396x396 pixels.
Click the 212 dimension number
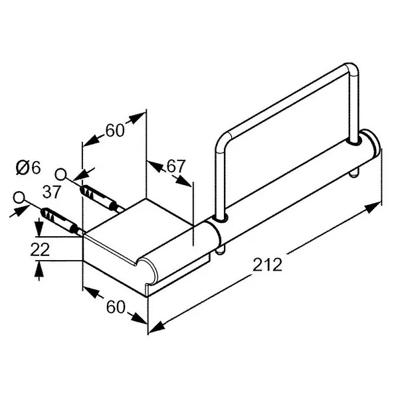268,265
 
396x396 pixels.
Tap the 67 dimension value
176,166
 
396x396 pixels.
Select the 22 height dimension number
40,249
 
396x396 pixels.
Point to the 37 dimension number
52,192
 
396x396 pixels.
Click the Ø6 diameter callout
28,168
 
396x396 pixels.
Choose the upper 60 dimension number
115,131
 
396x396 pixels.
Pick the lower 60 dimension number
116,307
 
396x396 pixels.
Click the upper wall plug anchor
100,197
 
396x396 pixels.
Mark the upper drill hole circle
60,174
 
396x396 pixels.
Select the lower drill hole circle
19,198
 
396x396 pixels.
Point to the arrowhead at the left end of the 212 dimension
157,328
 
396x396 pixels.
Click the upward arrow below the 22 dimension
39,271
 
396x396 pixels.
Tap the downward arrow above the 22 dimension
39,228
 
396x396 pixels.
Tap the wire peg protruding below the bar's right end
353,173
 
